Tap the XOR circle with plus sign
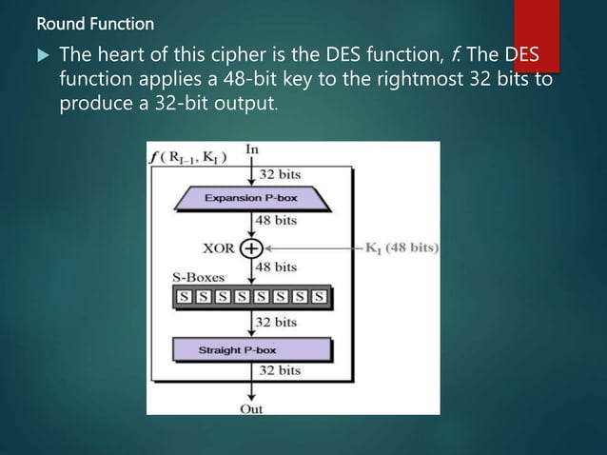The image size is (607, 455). tap(251, 247)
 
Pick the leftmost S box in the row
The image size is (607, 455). tap(184, 297)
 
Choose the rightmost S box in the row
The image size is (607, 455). tap(320, 297)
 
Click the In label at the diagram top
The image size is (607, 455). tap(252, 150)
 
